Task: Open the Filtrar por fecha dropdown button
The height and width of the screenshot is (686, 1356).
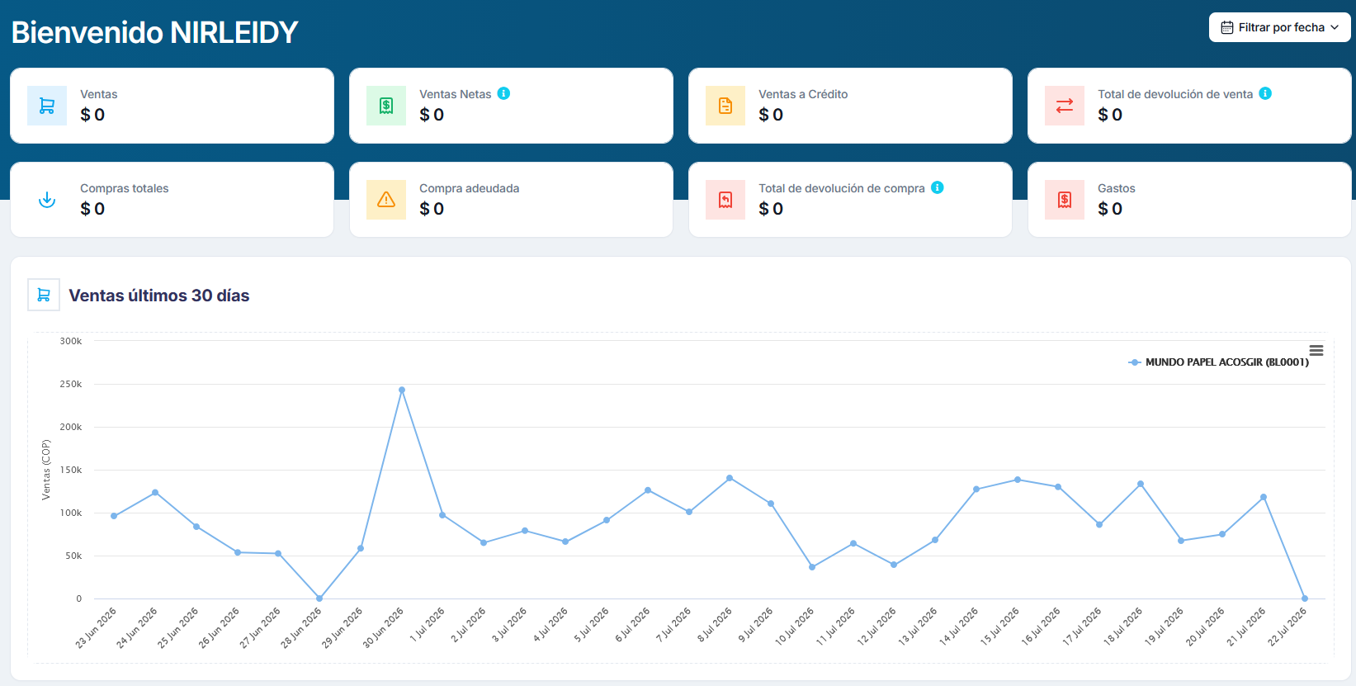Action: click(1279, 27)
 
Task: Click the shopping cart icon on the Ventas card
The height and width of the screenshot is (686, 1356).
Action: click(46, 106)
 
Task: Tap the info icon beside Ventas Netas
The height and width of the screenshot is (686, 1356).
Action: click(503, 93)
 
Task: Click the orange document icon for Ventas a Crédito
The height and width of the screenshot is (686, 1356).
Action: click(725, 106)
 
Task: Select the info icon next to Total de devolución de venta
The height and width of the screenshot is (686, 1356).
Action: click(1265, 93)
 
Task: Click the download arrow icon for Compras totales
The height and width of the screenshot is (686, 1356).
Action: click(46, 200)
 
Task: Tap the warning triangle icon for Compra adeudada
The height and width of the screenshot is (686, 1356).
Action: click(386, 200)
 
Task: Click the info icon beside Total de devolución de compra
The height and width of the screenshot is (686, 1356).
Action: click(937, 187)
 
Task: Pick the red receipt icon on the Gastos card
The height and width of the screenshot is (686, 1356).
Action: click(1064, 200)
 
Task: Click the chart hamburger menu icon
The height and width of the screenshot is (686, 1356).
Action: click(1316, 351)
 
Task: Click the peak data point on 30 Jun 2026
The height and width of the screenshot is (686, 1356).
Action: click(402, 390)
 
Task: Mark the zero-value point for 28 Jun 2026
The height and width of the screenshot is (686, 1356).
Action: click(319, 598)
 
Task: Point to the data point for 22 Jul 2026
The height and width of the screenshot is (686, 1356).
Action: click(1305, 598)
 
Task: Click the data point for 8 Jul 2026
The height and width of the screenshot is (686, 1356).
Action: click(730, 478)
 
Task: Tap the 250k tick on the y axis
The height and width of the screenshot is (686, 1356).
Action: click(71, 385)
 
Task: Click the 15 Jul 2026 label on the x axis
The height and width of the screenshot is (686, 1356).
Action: click(1000, 627)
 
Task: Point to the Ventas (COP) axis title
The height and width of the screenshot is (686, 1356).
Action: click(46, 470)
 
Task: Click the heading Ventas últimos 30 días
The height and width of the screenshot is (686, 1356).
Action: click(159, 296)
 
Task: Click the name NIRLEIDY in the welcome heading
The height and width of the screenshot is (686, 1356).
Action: click(234, 33)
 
